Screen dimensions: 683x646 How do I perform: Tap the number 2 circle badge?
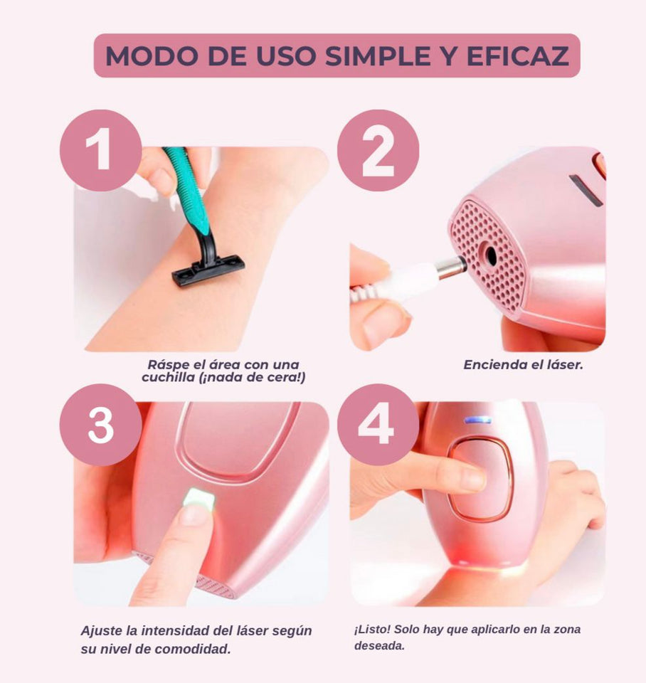coord(378,150)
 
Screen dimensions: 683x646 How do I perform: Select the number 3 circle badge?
coord(101,425)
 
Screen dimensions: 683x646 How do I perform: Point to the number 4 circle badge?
coord(378,425)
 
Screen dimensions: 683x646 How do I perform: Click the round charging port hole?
coord(487,253)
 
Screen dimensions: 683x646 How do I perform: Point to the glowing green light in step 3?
coord(198,500)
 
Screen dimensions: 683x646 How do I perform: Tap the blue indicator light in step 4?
coord(477,420)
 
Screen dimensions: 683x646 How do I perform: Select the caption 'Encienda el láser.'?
coord(523,365)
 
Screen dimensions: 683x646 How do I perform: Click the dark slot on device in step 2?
coord(586,191)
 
